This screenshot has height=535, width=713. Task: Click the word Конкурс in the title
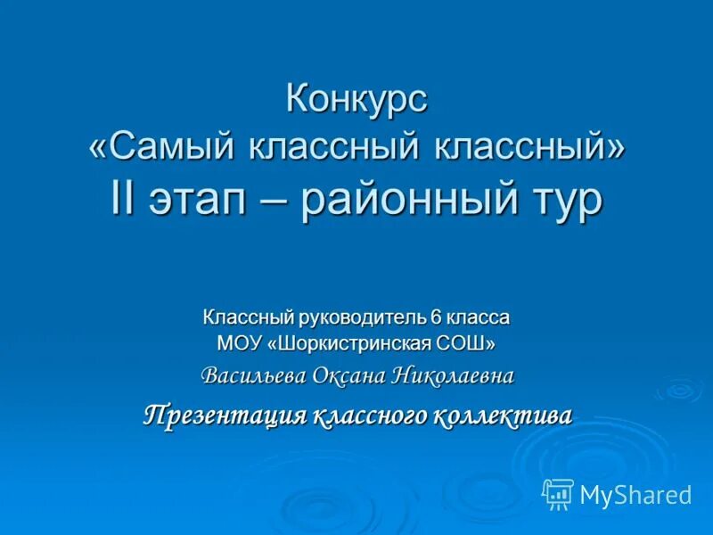click(x=356, y=99)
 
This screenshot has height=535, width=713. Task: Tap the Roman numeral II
click(x=123, y=198)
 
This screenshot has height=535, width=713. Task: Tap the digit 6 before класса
click(x=436, y=317)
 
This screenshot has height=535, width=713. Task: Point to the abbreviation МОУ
click(x=238, y=342)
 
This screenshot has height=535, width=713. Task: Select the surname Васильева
click(x=253, y=375)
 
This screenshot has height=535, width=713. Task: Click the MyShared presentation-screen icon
click(x=558, y=493)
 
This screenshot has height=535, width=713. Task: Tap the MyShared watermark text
click(x=635, y=494)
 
